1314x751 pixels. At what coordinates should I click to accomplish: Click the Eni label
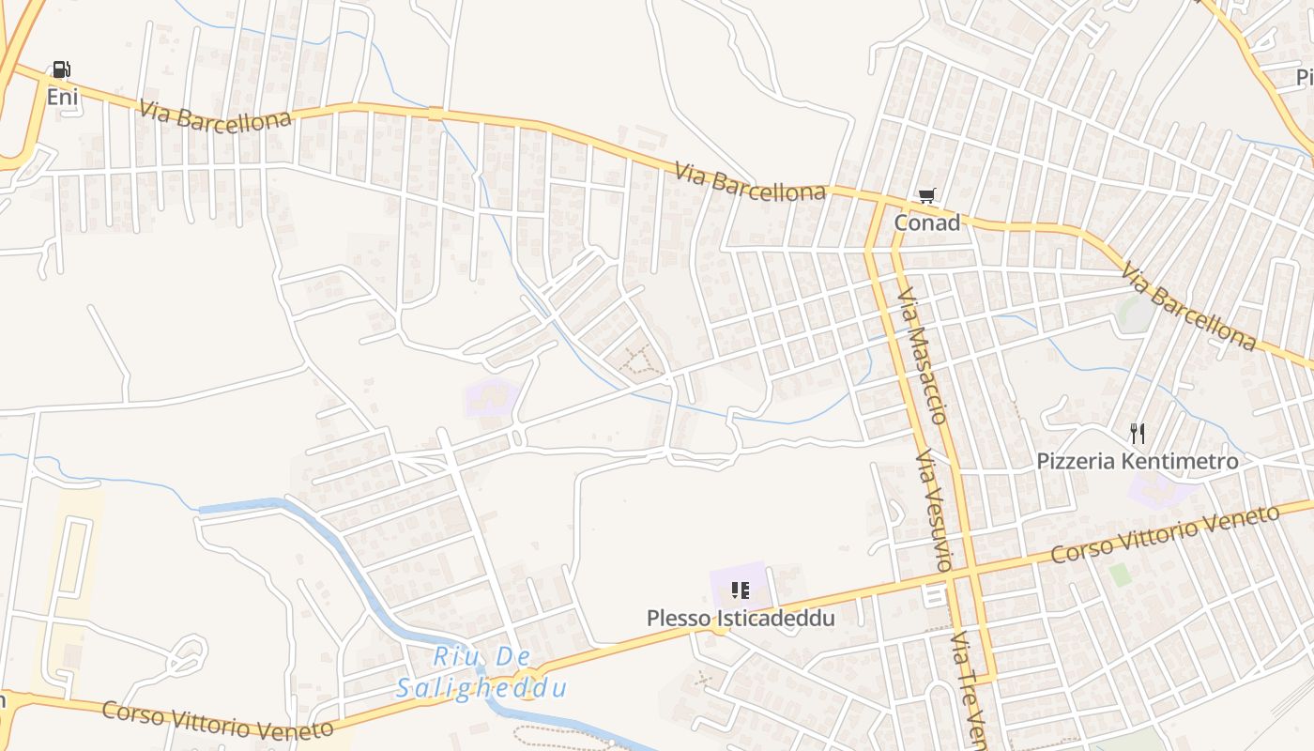point(62,96)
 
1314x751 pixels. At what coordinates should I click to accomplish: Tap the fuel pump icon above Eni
point(62,69)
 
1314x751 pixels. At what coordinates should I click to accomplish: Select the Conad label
point(926,223)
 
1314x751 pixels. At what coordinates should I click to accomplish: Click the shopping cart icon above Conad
point(926,196)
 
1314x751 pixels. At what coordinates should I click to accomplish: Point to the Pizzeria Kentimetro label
point(1137,462)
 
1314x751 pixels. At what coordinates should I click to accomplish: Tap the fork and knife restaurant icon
point(1138,434)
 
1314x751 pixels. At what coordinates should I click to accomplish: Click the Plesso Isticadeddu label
point(741,619)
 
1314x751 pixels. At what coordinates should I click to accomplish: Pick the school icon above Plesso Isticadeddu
point(741,590)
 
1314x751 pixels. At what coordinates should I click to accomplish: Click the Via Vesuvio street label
point(935,511)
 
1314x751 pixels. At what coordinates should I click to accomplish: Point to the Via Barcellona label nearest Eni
point(202,117)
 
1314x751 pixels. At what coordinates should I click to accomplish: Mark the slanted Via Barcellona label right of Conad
point(1188,306)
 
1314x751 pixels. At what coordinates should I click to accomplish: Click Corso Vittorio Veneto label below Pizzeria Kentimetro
point(1165,534)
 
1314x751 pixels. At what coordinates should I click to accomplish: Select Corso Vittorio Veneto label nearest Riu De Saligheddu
point(218,720)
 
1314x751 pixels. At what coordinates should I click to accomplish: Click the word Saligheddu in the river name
point(482,689)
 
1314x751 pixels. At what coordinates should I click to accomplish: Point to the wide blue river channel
point(338,554)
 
